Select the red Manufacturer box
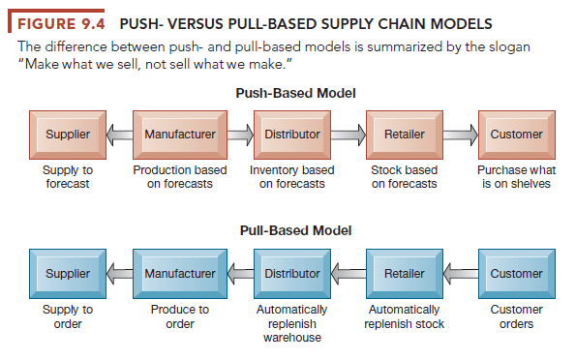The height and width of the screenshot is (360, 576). (x=180, y=135)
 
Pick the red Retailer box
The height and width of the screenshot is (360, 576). (x=404, y=135)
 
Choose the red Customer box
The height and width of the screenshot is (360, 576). (x=516, y=135)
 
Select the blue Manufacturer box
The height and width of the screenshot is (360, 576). (x=180, y=274)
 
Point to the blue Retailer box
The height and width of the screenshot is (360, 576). (x=404, y=274)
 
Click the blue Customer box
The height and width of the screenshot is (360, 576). (x=516, y=274)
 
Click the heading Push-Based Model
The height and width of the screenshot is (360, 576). (x=295, y=93)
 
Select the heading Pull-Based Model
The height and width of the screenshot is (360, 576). (x=295, y=231)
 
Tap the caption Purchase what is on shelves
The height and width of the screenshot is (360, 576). (x=516, y=177)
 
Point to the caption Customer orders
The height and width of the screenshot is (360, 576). (x=516, y=316)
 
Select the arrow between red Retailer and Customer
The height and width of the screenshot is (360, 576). (x=460, y=135)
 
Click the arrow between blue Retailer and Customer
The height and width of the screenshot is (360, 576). (x=460, y=274)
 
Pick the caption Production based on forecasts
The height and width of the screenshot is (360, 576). (x=180, y=177)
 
